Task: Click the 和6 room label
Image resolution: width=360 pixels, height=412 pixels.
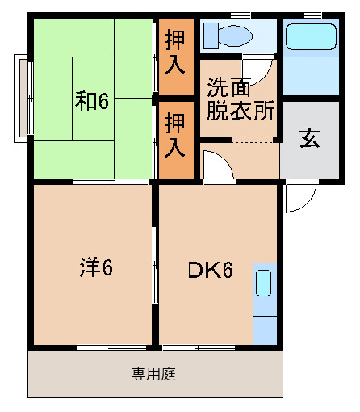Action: pyautogui.click(x=92, y=100)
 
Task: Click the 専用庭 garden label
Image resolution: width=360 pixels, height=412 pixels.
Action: pyautogui.click(x=154, y=374)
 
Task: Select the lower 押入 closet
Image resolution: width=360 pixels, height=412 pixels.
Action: pyautogui.click(x=176, y=136)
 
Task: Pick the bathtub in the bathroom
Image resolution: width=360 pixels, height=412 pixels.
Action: pyautogui.click(x=310, y=37)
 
